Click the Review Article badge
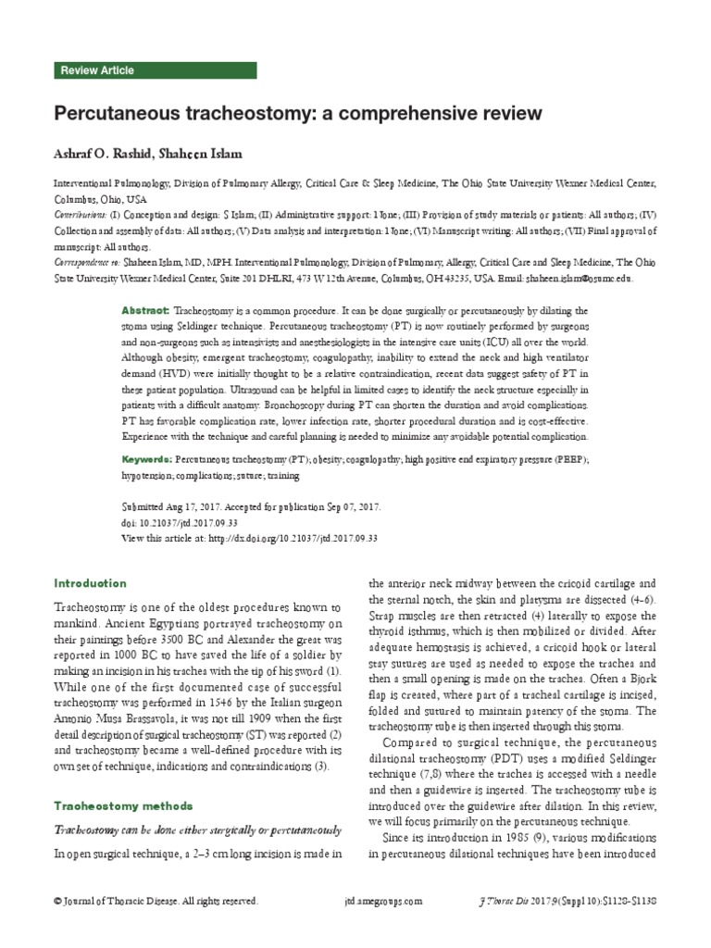[97, 70]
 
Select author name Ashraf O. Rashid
[101, 153]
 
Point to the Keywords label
[147, 459]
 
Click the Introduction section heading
[91, 583]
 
